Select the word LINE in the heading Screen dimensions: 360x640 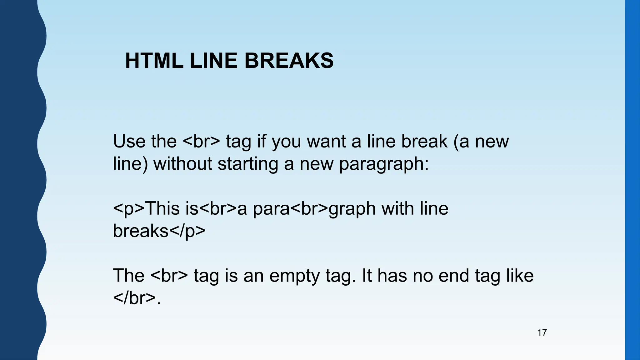click(x=213, y=61)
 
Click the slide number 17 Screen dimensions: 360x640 click(x=542, y=332)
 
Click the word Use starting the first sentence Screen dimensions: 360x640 click(x=129, y=141)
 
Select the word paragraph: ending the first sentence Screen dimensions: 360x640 click(x=384, y=164)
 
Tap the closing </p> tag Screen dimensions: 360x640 click(x=187, y=231)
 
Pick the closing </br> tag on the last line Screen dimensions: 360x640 click(x=134, y=298)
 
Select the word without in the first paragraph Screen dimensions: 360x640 click(x=182, y=164)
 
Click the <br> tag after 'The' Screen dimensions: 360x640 click(x=169, y=276)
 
